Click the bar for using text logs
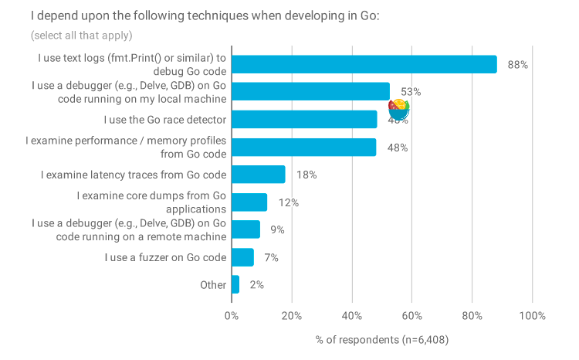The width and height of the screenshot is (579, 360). coord(364,64)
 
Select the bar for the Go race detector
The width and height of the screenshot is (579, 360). coord(304,120)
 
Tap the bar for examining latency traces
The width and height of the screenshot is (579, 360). coord(258,175)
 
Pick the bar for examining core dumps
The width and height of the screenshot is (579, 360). coord(249,202)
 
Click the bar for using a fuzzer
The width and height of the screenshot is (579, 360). coord(242,257)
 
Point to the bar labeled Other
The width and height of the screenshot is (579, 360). coord(235,284)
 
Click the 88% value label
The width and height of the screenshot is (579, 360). coord(517,65)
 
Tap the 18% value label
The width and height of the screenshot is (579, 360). coord(306,175)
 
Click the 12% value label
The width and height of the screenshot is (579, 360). coord(289,203)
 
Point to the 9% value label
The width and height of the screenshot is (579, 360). coord(277,230)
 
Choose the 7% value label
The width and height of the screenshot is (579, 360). coord(271,258)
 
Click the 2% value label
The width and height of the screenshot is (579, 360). coord(256,285)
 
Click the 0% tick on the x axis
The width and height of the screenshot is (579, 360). coord(231,316)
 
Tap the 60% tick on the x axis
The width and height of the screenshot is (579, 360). coord(412,316)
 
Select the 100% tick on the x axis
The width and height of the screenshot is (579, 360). coord(532,316)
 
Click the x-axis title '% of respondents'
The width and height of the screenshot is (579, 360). coord(382,340)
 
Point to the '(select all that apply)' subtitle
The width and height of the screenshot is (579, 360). coord(82,36)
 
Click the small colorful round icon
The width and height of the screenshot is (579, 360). coord(399,109)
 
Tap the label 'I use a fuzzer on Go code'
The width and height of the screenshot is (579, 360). coord(165,257)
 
